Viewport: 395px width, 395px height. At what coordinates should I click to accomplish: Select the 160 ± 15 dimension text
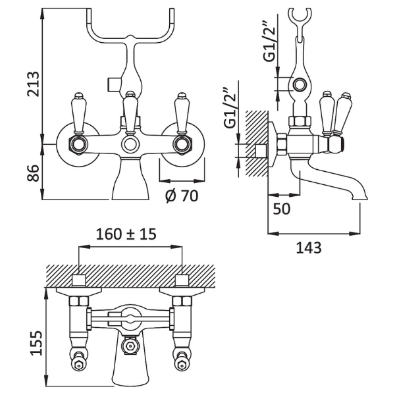130,233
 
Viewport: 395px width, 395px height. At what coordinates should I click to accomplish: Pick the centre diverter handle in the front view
129,109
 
